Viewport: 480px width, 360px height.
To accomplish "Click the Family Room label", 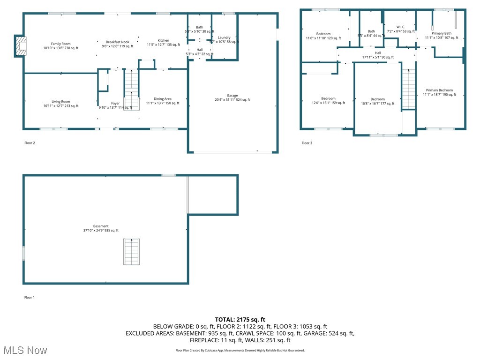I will click(x=61, y=44).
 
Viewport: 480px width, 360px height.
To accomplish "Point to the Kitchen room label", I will click(x=163, y=41).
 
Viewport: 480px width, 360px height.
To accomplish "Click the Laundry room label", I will click(x=224, y=37).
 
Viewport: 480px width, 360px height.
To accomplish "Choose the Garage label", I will click(x=232, y=96).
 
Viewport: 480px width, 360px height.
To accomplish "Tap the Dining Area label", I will click(x=162, y=99).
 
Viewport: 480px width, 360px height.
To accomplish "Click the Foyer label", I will click(x=115, y=103).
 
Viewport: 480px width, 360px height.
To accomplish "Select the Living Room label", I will click(x=61, y=102).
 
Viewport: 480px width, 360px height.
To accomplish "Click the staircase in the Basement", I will click(x=132, y=252).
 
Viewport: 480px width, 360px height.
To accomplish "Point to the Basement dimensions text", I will click(x=101, y=230).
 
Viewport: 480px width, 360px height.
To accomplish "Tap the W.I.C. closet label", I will click(x=400, y=27).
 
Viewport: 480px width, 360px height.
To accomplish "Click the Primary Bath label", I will click(x=441, y=33).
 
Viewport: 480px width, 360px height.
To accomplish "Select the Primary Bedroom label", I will click(x=439, y=90).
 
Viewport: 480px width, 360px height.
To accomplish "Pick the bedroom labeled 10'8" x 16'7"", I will click(x=377, y=99).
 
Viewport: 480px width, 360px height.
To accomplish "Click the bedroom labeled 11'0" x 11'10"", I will click(x=323, y=34).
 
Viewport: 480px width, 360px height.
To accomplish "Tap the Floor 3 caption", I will click(x=306, y=143).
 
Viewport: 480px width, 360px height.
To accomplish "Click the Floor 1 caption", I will click(x=30, y=297).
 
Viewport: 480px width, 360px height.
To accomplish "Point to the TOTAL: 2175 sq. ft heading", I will click(x=240, y=319).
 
